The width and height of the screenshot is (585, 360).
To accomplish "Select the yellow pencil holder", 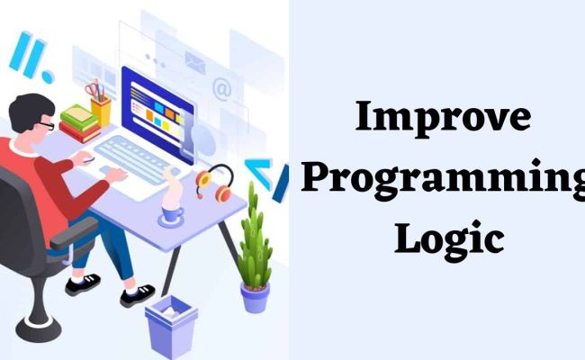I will pyautogui.click(x=101, y=109).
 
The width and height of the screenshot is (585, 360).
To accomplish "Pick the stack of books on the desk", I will pyautogui.click(x=79, y=124).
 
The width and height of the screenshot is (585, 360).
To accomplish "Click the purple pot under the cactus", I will pyautogui.click(x=255, y=296).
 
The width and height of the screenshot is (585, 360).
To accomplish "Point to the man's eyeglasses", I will pyautogui.click(x=46, y=125).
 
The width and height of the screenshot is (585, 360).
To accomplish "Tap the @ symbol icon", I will pyautogui.click(x=221, y=87).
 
